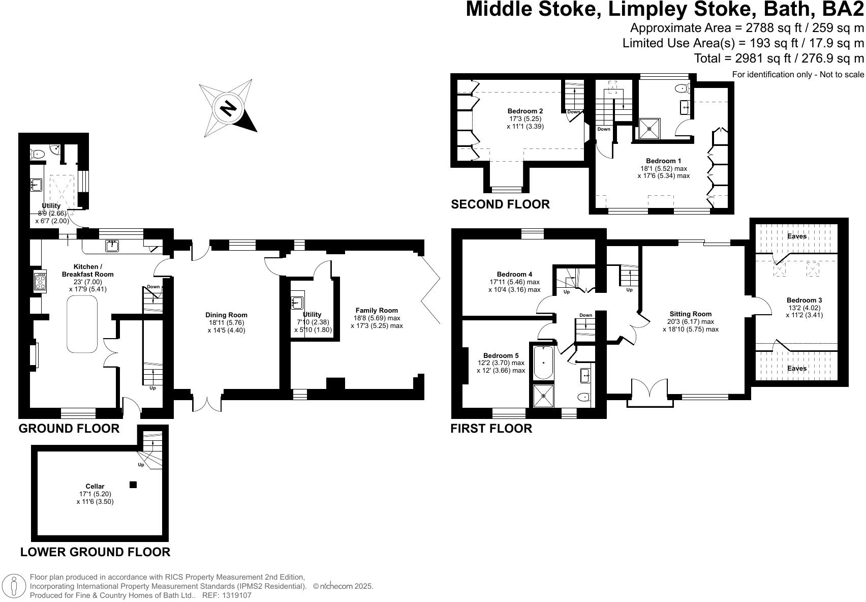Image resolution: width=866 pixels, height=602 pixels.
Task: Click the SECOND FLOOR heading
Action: (x=500, y=204)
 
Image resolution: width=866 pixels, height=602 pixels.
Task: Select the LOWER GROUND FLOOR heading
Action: (x=95, y=552)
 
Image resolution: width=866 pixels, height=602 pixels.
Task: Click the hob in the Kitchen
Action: (x=40, y=281)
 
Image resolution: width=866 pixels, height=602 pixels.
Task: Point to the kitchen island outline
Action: (x=82, y=324)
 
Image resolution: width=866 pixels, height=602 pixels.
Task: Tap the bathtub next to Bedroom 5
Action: (x=543, y=363)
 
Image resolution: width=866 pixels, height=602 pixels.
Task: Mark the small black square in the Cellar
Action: (x=133, y=485)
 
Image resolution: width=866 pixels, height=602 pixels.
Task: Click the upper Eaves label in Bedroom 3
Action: (x=796, y=236)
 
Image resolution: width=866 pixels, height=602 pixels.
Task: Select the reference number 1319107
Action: (x=234, y=595)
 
